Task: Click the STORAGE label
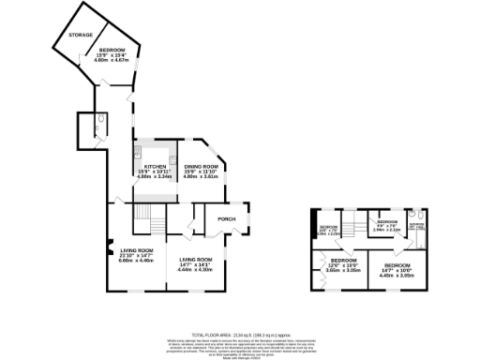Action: coord(80,35)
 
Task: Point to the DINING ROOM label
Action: coord(200,166)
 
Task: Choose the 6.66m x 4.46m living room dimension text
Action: coord(136,261)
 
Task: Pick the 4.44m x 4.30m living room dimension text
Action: coord(197,270)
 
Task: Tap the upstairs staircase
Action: coord(352,226)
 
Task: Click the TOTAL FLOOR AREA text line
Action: coord(240,335)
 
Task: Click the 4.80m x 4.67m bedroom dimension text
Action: coord(112,59)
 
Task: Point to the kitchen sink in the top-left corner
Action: coord(138,149)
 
